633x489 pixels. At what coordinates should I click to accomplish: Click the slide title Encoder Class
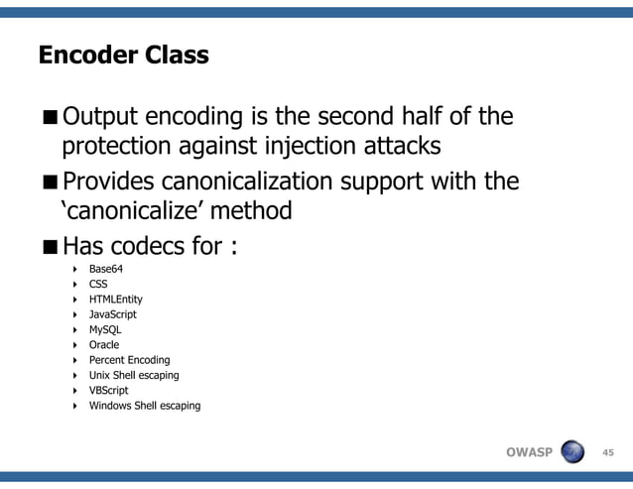[x=123, y=56]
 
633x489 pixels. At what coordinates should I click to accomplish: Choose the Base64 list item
[x=105, y=269]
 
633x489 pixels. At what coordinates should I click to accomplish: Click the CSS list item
[x=98, y=284]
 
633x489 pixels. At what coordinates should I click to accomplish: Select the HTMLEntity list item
[x=115, y=299]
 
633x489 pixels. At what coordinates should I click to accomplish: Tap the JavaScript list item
[x=113, y=314]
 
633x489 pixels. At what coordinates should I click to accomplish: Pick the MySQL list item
[x=105, y=329]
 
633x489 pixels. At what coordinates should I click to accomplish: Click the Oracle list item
[x=104, y=345]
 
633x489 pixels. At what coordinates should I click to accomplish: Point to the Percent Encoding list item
[x=129, y=360]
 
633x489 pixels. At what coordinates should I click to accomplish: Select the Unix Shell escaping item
[x=134, y=375]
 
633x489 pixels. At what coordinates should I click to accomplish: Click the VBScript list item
[x=108, y=391]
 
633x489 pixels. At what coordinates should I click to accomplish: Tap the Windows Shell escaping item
[x=145, y=406]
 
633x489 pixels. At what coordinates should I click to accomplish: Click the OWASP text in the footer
[x=529, y=453]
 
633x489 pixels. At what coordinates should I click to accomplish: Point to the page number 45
[x=609, y=453]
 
